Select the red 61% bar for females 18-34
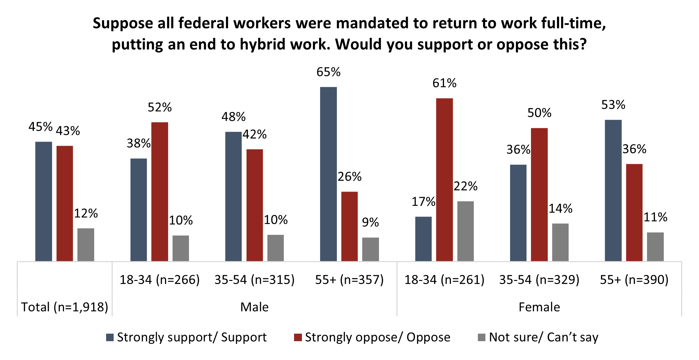pos(444,180)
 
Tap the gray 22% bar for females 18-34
pos(465,231)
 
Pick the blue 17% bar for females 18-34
pos(423,239)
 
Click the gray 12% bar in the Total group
pos(86,245)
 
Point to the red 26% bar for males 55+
pos(349,226)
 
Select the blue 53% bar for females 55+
pos(613,190)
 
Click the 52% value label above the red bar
pos(160,107)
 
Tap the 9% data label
pos(370,223)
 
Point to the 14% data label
pos(560,209)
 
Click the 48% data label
pos(233,117)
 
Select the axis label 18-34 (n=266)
pos(160,280)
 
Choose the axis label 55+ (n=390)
pos(634,280)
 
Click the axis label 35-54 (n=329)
pos(539,280)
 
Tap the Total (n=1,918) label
pos(65,307)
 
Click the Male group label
pos(254,307)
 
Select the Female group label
pos(539,307)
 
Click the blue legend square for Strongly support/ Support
pos(110,337)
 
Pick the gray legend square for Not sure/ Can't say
pos(482,337)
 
